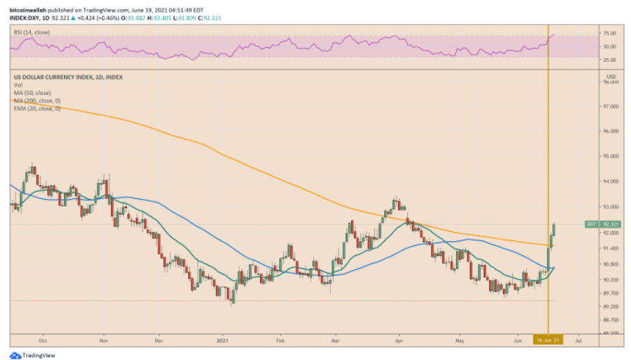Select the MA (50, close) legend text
29,92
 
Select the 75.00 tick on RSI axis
609,34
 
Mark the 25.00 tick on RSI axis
609,59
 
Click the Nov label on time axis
103,339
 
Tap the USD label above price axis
611,76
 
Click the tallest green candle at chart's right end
549,257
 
